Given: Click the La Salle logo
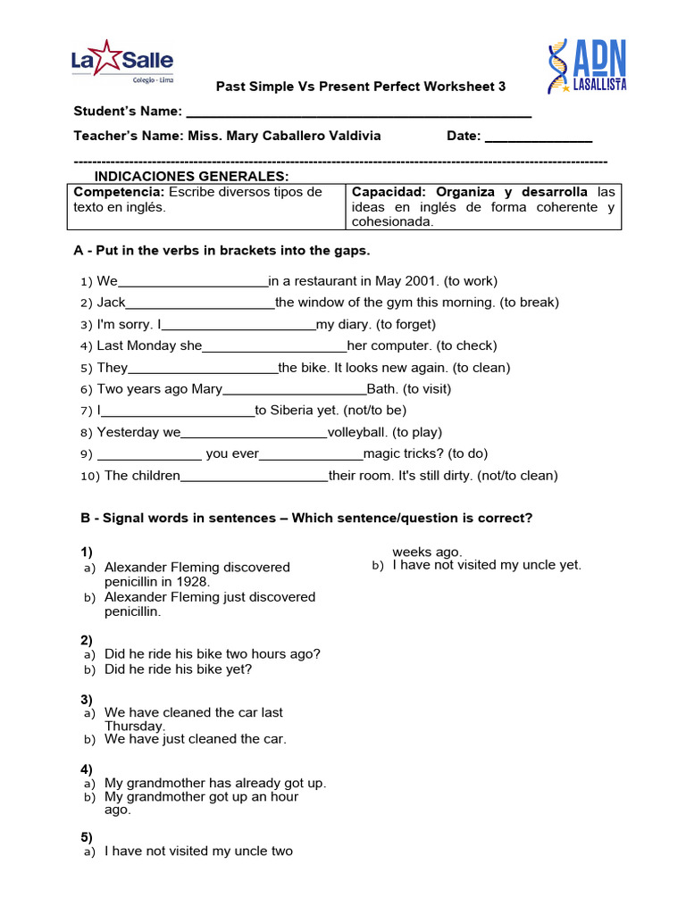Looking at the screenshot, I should [x=122, y=62].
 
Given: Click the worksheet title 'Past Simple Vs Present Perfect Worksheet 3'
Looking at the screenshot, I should [x=361, y=87].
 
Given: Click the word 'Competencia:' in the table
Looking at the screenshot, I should [x=119, y=193].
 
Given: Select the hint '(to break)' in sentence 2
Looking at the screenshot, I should [x=529, y=303].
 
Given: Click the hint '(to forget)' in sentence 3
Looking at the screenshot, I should [x=406, y=325].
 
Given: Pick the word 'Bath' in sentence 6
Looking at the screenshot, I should [x=382, y=389].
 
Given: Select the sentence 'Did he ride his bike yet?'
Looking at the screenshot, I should [x=178, y=669].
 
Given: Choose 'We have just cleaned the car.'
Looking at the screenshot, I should [x=196, y=739].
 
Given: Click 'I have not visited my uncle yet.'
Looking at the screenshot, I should [x=487, y=565].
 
